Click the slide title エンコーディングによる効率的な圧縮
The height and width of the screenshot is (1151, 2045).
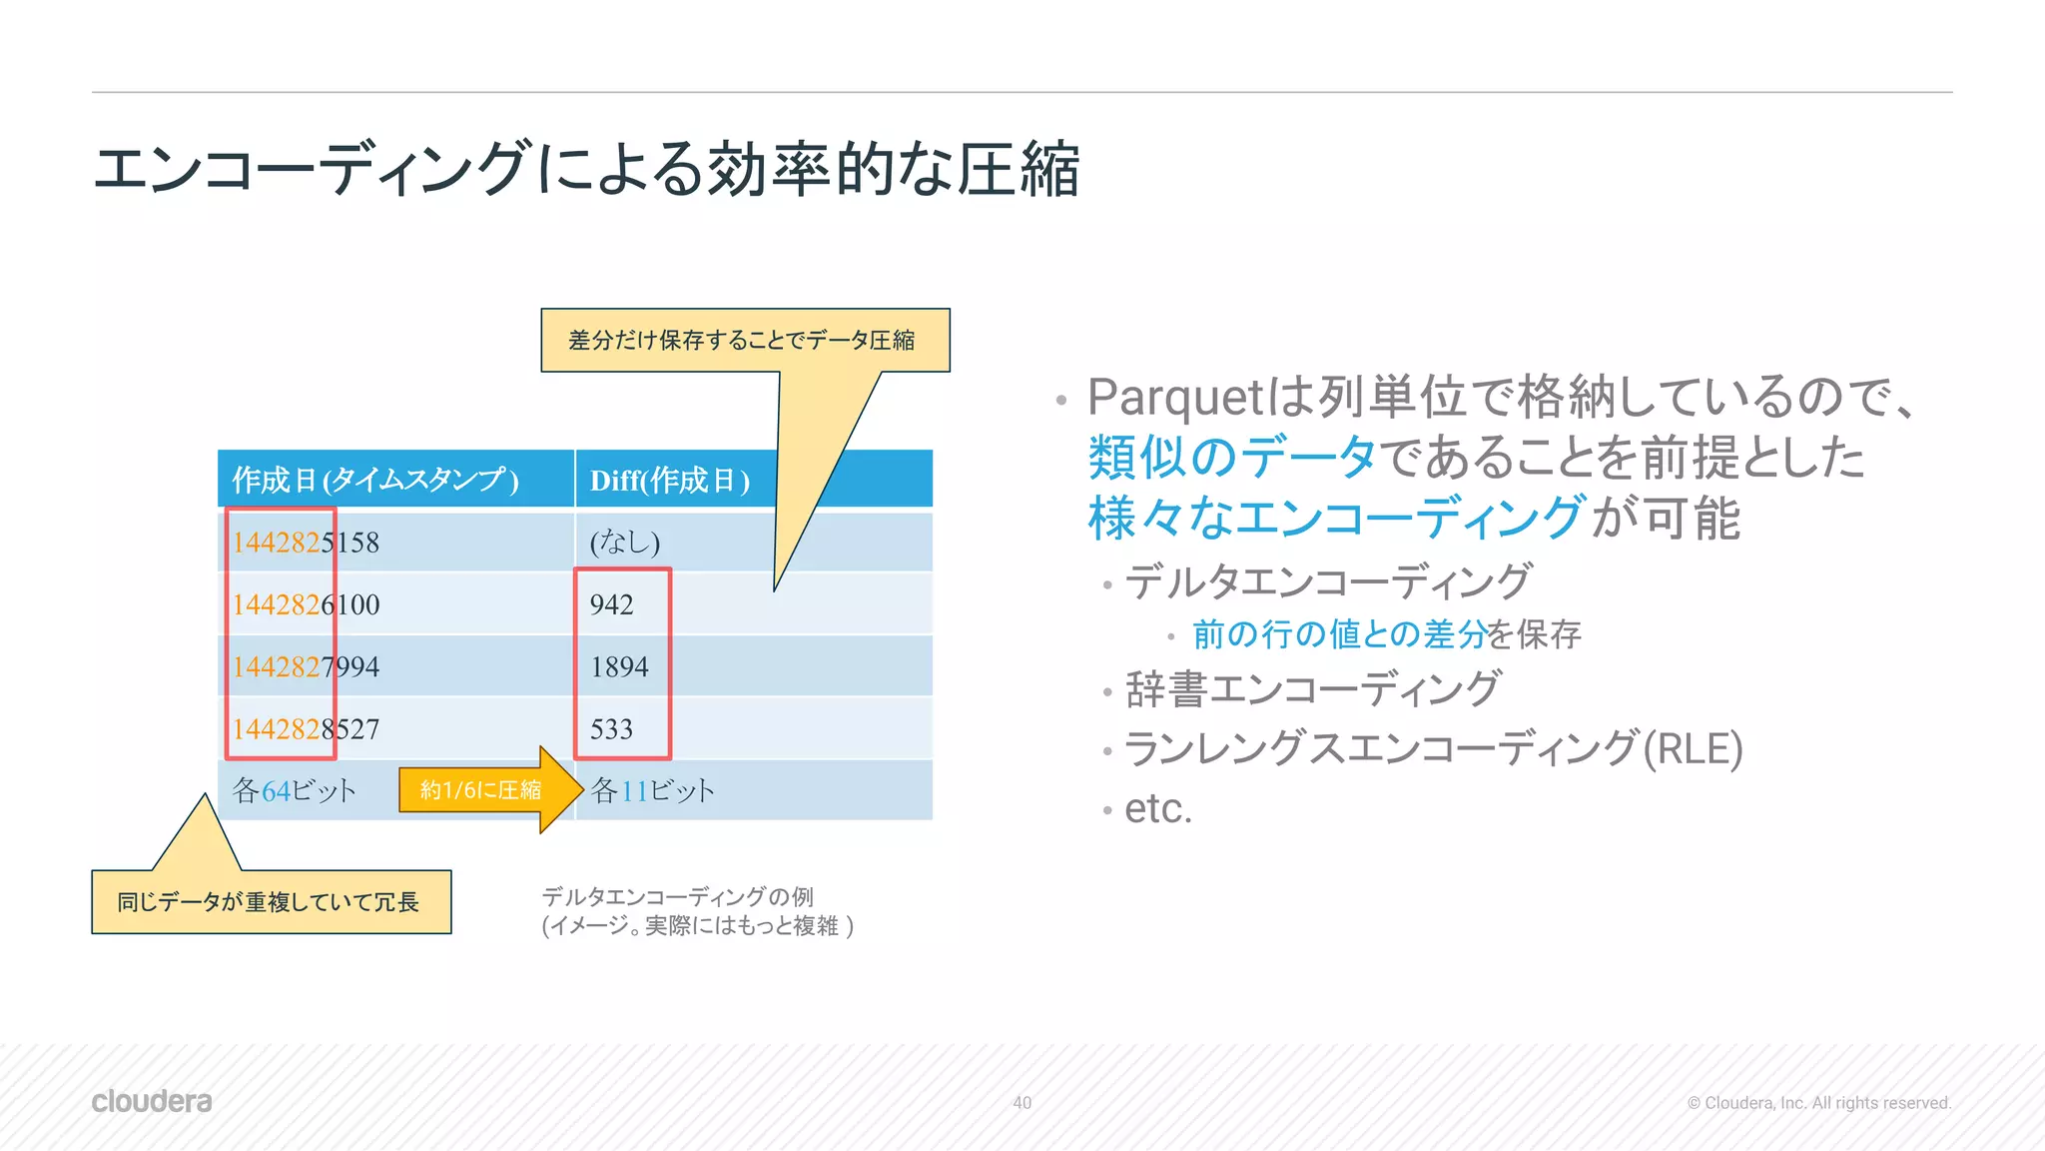click(585, 168)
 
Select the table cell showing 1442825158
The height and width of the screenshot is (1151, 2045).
click(306, 543)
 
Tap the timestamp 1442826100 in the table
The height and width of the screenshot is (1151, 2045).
click(306, 604)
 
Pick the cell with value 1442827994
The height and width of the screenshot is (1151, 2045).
click(306, 666)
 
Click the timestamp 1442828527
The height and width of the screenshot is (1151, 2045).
click(306, 728)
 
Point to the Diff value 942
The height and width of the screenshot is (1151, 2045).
click(611, 604)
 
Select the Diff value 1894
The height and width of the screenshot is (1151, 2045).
click(619, 666)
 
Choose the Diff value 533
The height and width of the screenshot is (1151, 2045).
click(611, 728)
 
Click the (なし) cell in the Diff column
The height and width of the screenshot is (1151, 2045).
click(625, 543)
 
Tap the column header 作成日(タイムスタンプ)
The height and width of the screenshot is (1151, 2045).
click(375, 480)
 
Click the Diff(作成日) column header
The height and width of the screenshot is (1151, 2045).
click(669, 480)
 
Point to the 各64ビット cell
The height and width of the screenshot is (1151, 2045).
click(294, 790)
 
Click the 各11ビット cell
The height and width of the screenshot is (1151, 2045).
click(653, 790)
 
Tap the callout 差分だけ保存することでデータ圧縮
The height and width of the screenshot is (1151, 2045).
click(743, 341)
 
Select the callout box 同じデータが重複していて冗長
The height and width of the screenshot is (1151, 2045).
click(269, 902)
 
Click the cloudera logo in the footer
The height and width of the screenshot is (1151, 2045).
click(152, 1101)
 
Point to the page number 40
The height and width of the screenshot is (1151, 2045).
click(1022, 1102)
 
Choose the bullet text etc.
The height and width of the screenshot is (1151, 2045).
click(1158, 808)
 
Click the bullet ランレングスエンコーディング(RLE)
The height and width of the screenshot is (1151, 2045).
click(1433, 748)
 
